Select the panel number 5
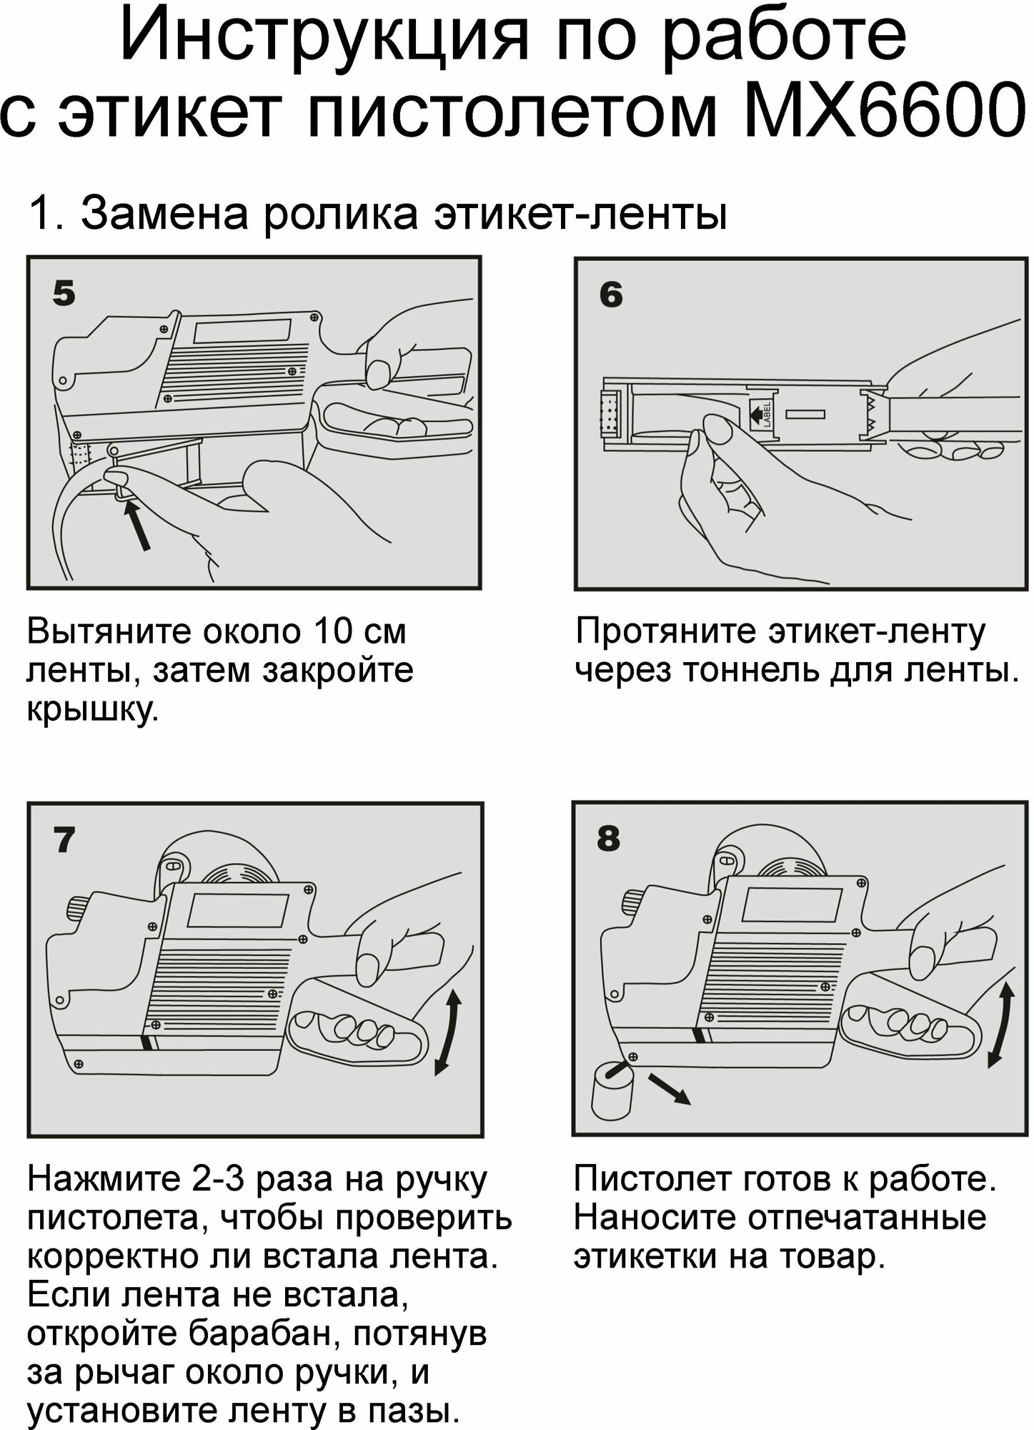(64, 293)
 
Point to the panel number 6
(611, 295)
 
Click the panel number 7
(64, 840)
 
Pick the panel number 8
(609, 838)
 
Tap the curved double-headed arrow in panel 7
(448, 1032)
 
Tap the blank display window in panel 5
(242, 331)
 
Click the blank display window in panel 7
(237, 909)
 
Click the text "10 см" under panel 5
(359, 632)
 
